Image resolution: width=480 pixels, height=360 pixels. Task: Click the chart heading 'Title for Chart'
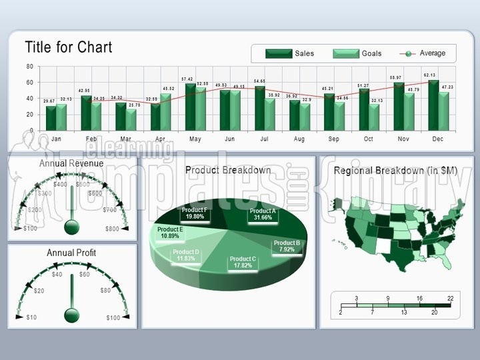69,47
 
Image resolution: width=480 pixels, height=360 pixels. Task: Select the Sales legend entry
290,54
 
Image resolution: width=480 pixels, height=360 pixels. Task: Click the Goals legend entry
357,54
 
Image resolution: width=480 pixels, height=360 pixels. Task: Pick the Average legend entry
423,53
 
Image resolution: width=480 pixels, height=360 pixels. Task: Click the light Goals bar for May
201,108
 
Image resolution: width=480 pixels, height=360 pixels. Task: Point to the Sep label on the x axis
333,139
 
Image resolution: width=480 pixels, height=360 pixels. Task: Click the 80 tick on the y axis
29,67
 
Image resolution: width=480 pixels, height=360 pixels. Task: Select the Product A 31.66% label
261,214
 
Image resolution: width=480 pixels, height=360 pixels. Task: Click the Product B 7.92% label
287,247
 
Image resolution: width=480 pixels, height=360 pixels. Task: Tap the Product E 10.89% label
170,233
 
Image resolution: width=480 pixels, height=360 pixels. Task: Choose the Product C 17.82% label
243,262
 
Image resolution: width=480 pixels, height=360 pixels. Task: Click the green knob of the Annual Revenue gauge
71,227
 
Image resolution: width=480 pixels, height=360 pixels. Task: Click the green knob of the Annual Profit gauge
71,315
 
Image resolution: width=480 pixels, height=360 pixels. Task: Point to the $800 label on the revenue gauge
113,229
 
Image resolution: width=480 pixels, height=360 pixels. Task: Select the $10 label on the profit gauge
31,317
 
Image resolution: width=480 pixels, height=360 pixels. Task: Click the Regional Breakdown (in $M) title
395,171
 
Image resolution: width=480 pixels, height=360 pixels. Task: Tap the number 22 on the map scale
450,298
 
